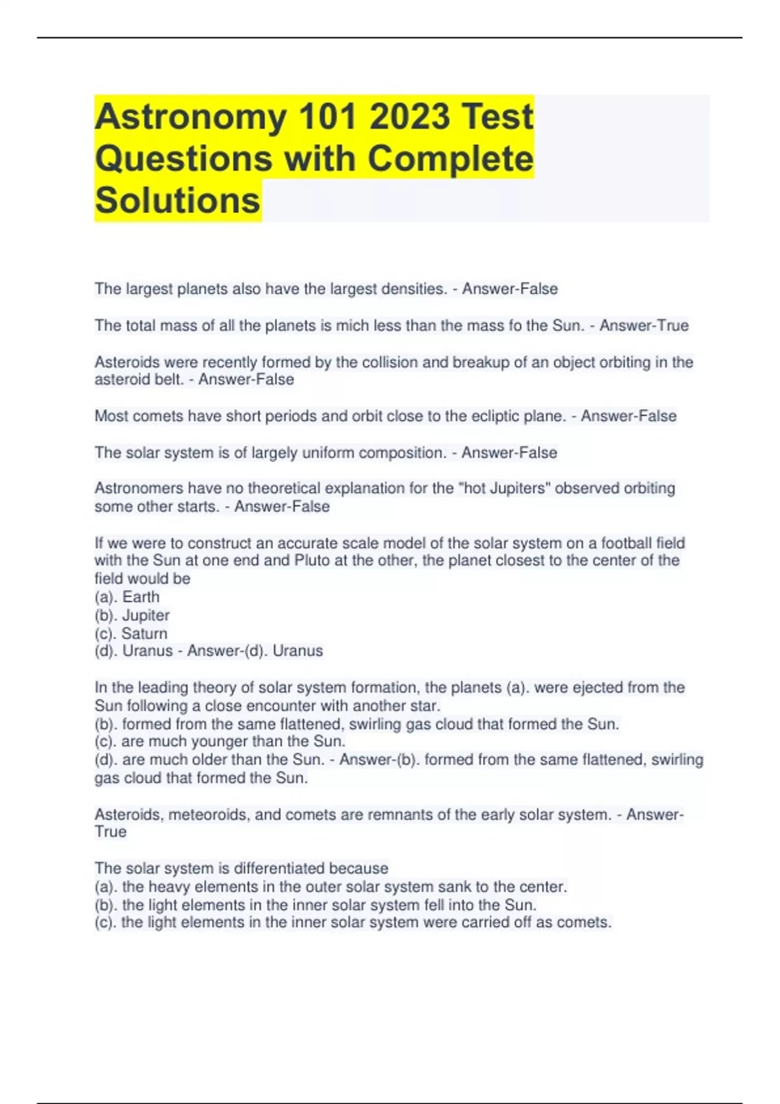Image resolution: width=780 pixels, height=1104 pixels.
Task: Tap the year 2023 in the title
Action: coord(409,118)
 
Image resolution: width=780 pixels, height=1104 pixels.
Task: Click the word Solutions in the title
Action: coord(177,200)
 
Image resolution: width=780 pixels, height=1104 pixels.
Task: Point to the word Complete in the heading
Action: coord(450,159)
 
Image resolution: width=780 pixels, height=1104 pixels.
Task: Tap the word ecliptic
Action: coord(485,416)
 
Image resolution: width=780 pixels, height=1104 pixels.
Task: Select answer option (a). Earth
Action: coord(127,597)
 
